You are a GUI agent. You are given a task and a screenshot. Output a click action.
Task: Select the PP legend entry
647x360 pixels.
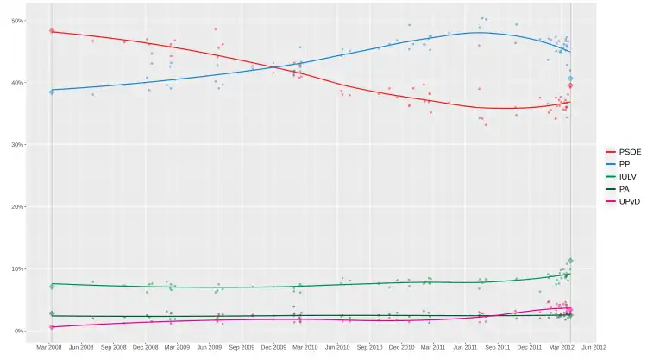click(x=625, y=163)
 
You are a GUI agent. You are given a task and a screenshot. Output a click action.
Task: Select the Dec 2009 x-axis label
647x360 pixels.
click(x=274, y=348)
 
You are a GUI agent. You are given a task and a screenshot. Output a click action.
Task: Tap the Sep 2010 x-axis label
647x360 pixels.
click(x=370, y=348)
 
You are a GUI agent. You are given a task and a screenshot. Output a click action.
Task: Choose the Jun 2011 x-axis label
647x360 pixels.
click(x=466, y=348)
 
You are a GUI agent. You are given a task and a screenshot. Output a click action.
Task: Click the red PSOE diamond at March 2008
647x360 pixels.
click(x=52, y=31)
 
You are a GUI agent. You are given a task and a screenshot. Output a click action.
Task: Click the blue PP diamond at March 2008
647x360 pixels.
click(x=52, y=91)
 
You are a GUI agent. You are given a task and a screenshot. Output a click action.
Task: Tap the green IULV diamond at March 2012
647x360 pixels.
click(x=570, y=261)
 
